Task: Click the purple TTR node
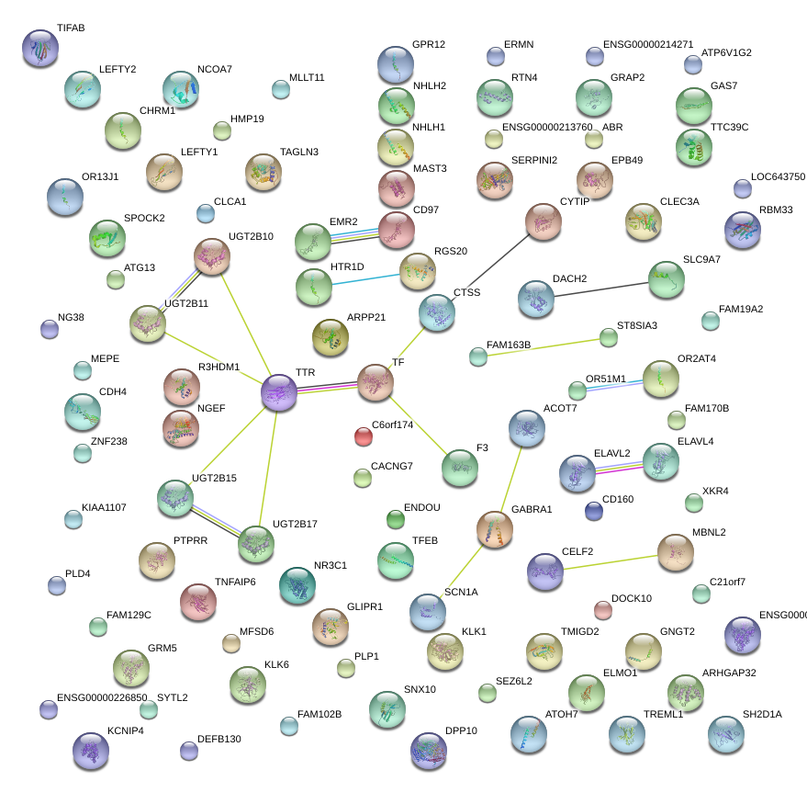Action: coord(279,392)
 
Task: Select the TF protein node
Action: coord(375,382)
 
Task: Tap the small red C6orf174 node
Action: coord(364,436)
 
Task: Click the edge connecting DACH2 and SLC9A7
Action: coord(600,288)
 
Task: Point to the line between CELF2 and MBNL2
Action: coord(610,561)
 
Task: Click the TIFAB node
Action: coord(40,48)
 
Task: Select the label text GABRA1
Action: coord(532,509)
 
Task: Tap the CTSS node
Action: coord(436,312)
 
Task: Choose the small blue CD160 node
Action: coord(594,511)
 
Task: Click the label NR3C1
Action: coord(331,565)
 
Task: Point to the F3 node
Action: coord(459,468)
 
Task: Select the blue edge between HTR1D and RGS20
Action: coord(365,278)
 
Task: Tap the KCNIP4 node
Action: coord(90,751)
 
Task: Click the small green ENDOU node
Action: coord(396,520)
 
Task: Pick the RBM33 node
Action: coord(742,230)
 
